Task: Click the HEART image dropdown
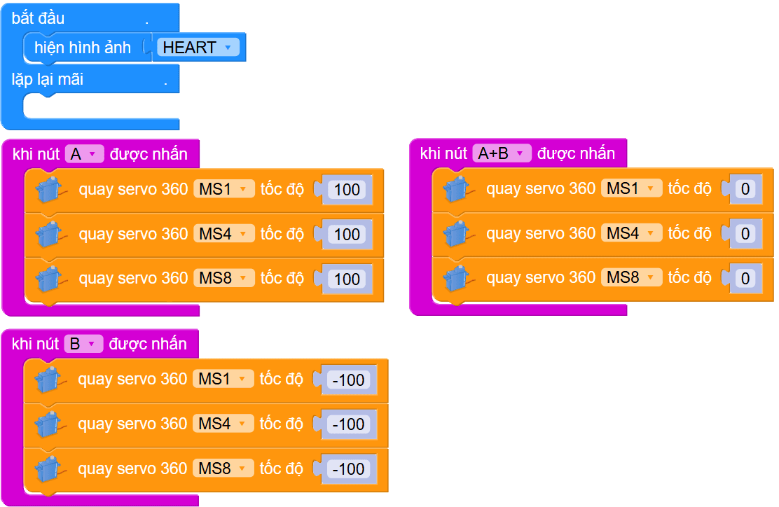pos(198,48)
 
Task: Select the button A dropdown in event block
pos(84,154)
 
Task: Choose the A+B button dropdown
pos(502,153)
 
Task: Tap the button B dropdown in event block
pos(83,344)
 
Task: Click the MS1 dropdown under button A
pos(223,189)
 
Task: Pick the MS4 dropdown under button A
pos(223,234)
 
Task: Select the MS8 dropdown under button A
pos(223,279)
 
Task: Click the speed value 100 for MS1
pos(347,190)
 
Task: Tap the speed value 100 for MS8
pos(347,279)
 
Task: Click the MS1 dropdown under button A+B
pos(631,188)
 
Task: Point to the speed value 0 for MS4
pos(745,234)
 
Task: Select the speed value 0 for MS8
pos(745,279)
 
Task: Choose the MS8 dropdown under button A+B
pos(631,278)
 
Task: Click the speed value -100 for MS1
pos(348,380)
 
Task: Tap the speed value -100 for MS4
pos(348,424)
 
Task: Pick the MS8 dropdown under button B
pos(223,468)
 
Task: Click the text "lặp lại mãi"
pos(48,80)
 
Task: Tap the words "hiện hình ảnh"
pos(83,48)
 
